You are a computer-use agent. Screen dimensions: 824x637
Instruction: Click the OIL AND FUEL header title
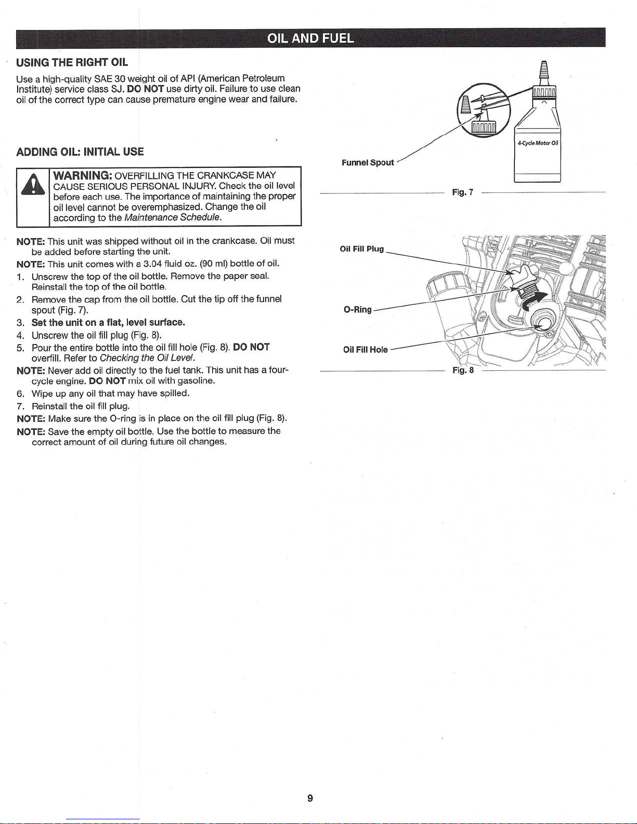pos(310,38)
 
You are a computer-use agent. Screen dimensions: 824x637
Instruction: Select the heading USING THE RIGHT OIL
pos(72,63)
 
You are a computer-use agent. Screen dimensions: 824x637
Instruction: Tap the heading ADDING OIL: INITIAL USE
pos(80,152)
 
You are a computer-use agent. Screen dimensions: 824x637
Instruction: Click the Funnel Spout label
pos(368,163)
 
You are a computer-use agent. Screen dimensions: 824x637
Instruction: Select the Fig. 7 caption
pos(462,192)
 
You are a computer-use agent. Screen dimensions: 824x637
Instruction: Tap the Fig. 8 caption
pos(463,371)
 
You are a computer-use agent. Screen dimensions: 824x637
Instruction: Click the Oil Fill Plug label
pos(361,249)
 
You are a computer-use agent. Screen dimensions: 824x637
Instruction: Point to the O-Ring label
pos(358,310)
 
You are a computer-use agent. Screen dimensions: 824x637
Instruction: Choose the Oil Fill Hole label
pos(365,349)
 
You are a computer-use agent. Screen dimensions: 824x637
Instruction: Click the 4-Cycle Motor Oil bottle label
pos(538,143)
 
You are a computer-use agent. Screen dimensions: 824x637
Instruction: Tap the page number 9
pos(310,798)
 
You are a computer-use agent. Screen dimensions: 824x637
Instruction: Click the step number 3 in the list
pos(19,322)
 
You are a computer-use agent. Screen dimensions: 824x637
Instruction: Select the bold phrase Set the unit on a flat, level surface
pos(108,322)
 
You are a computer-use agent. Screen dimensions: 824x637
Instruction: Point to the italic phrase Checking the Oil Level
pos(147,358)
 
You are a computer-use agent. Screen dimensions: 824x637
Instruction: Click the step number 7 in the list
pos(19,406)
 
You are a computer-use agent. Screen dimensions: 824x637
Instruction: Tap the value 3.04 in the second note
pos(152,264)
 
